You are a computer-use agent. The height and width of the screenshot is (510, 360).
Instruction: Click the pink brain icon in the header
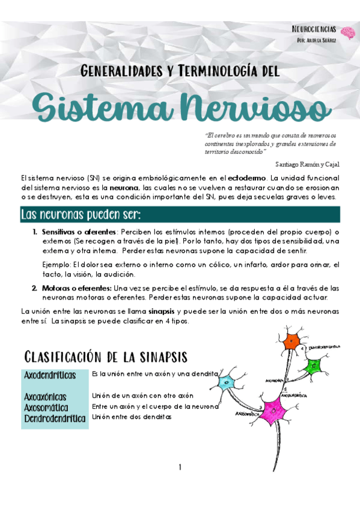coord(346,32)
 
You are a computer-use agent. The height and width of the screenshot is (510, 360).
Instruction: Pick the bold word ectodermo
coord(247,178)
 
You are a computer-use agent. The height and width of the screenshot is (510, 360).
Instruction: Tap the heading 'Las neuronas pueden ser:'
coord(81,215)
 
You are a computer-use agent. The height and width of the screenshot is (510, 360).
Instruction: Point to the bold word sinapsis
coord(162,312)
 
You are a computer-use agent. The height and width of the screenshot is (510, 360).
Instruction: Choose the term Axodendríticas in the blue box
coord(50,375)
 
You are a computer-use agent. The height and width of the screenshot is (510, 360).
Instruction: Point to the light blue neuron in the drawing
coord(228,382)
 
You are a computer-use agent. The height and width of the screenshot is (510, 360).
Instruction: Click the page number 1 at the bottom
coord(180,467)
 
